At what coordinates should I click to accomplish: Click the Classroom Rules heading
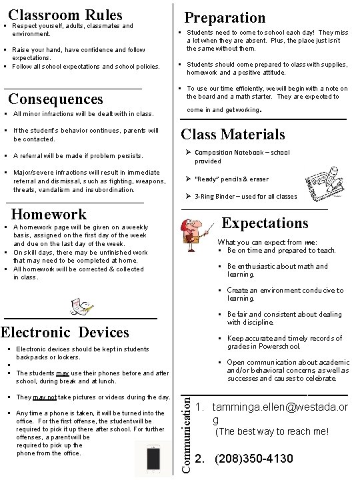click(x=65, y=15)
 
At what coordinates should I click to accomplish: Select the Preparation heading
click(x=225, y=17)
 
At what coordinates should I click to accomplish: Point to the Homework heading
click(x=49, y=214)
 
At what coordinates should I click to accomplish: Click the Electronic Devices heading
click(x=65, y=332)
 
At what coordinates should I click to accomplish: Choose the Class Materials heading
click(x=233, y=134)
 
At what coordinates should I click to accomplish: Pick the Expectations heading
click(x=265, y=223)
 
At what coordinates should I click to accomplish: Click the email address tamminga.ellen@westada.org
click(x=279, y=413)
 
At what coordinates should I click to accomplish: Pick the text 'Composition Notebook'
click(x=224, y=153)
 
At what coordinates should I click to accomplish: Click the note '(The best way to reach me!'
click(x=271, y=431)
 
